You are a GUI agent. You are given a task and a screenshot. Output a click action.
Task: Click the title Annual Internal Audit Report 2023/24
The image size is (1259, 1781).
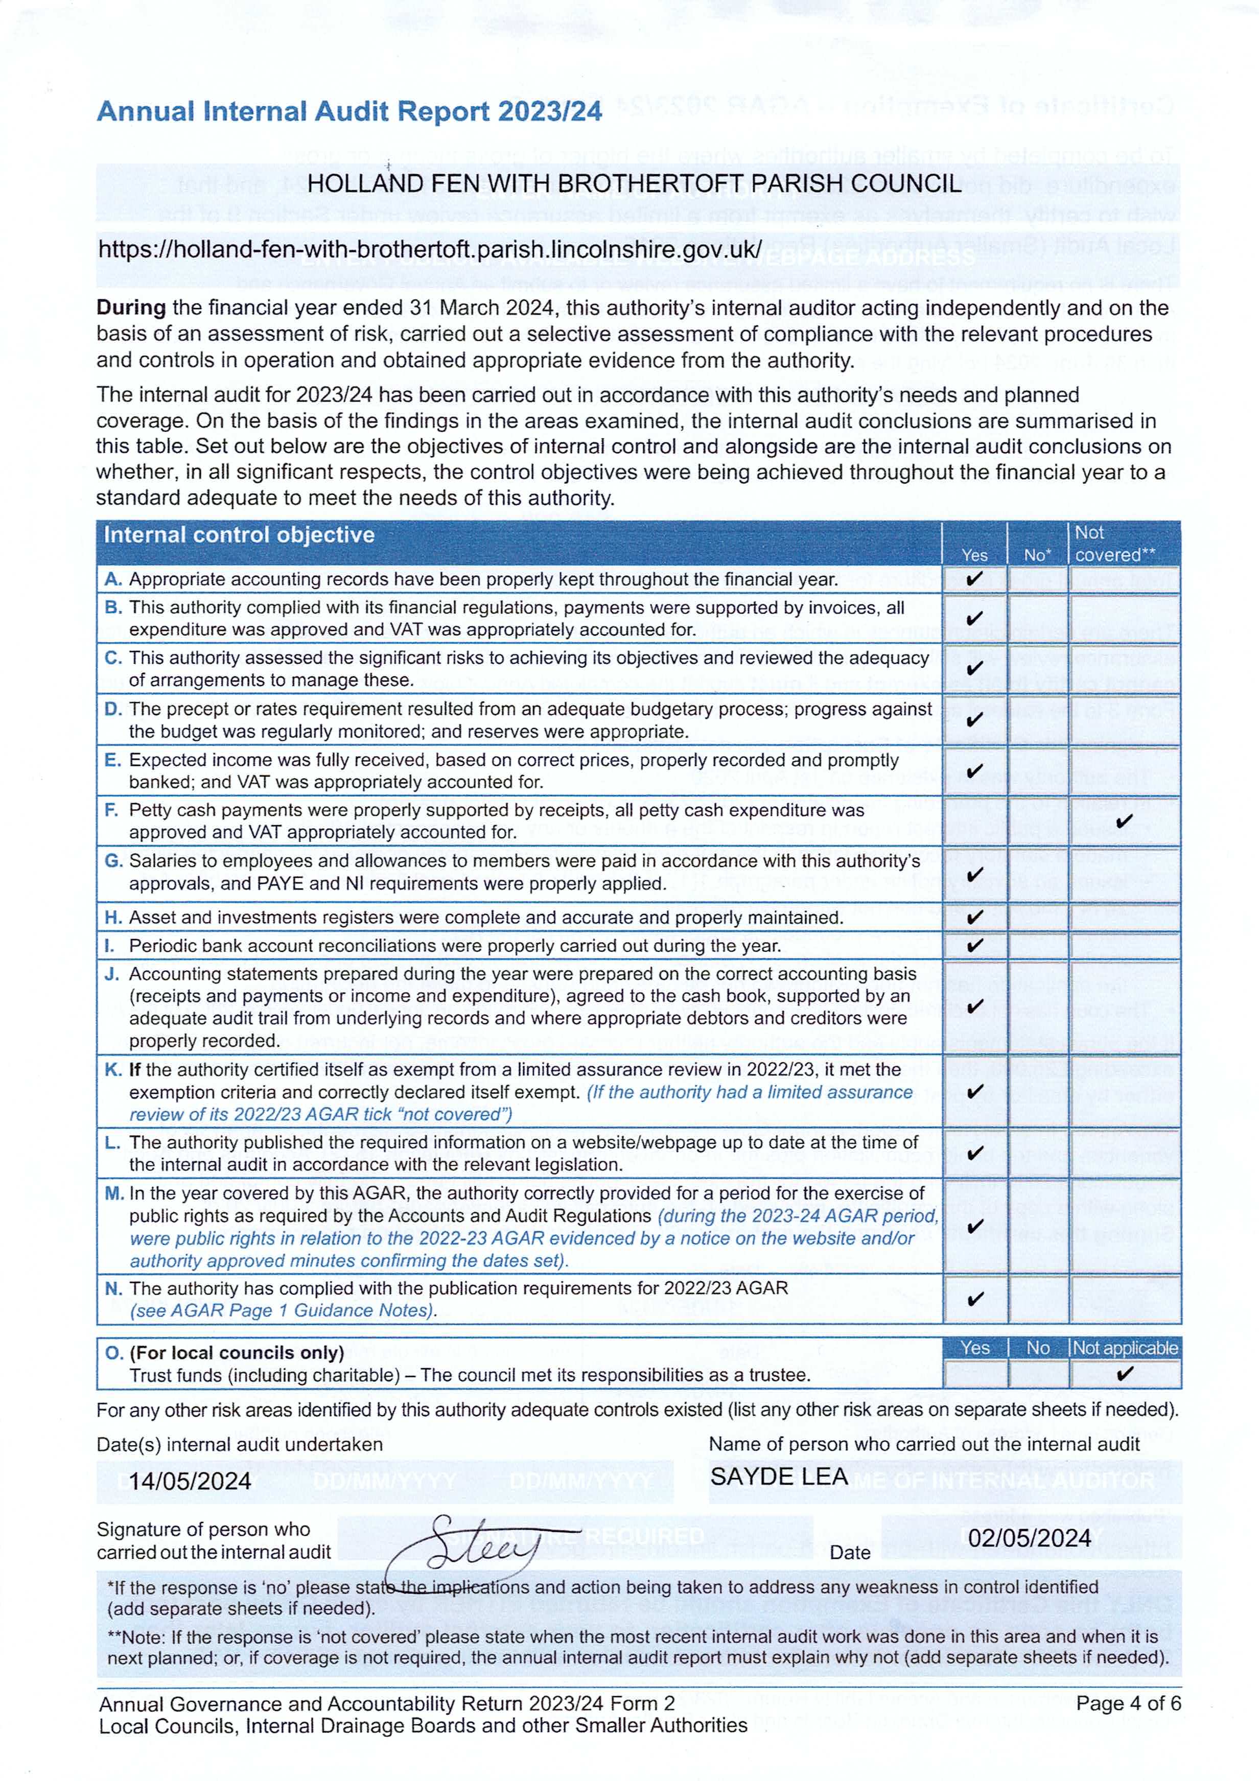(349, 112)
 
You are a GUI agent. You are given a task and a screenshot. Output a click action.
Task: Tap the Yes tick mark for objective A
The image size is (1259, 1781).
(974, 579)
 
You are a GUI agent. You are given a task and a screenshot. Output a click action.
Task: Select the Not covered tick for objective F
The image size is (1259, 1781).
(1124, 821)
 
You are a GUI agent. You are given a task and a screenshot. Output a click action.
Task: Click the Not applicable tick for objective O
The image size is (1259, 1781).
(1124, 1374)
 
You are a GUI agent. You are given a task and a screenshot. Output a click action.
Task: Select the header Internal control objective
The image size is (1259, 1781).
(239, 535)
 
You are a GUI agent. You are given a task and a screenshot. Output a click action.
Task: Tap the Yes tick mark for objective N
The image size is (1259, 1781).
(975, 1299)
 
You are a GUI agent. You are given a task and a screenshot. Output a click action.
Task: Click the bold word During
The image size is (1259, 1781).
(130, 308)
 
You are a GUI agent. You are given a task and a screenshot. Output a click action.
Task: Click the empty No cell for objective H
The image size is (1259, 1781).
(1038, 918)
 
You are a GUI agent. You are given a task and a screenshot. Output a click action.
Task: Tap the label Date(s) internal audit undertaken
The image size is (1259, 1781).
(240, 1444)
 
